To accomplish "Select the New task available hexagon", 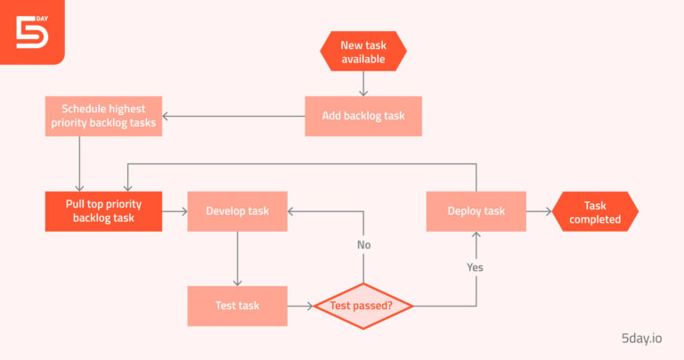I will pos(363,52).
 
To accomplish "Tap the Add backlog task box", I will pos(362,116).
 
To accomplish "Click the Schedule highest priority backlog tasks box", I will pos(103,116).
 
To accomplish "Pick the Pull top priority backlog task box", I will pos(103,211).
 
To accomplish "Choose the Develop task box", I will pos(237,211).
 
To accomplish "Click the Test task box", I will pos(237,306).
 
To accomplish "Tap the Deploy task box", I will pos(476,211).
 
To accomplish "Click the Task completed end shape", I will pos(595,212).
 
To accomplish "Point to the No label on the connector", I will pos(363,245).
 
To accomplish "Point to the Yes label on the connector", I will pos(476,266).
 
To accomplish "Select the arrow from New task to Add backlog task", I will pos(363,84).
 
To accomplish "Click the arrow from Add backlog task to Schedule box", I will pos(233,116).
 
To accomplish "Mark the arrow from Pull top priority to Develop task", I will pos(175,211).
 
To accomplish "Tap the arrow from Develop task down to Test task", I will pos(237,258).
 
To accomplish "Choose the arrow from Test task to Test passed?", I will pos(300,306).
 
